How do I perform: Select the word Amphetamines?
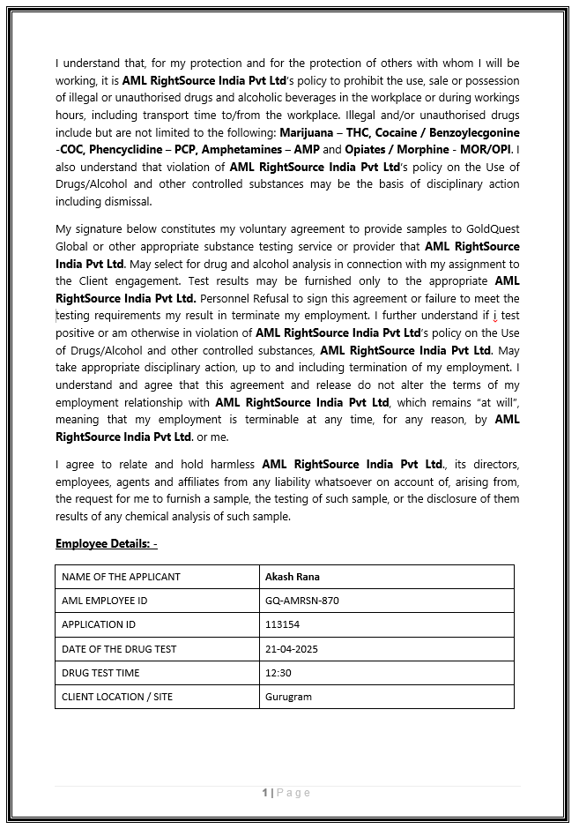pos(248,149)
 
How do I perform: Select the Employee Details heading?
pos(106,543)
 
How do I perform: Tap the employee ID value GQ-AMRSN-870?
pos(301,601)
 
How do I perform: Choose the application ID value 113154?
pos(282,624)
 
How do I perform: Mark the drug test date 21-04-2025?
pos(291,649)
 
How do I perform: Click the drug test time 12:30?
pos(278,673)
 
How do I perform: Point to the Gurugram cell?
pos(288,697)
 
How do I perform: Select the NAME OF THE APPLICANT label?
pos(121,577)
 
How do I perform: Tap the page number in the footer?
pos(265,793)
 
